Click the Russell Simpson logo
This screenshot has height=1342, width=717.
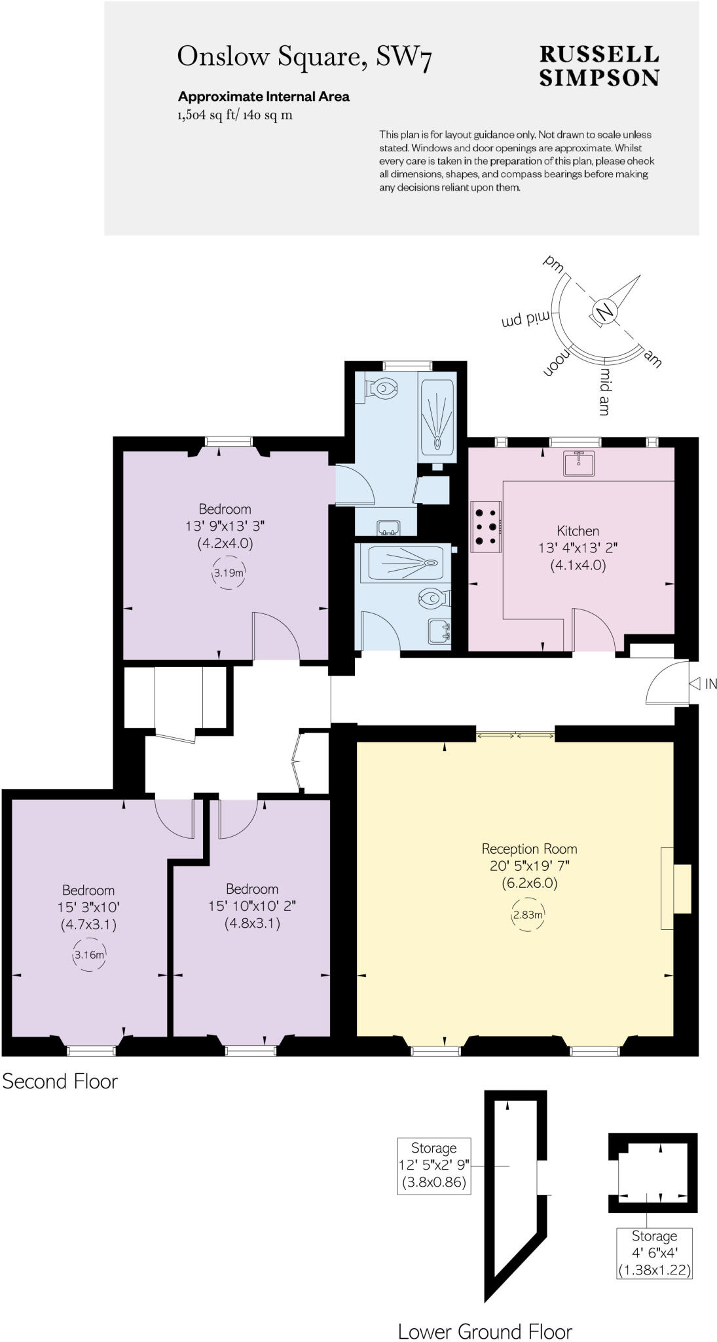coord(598,66)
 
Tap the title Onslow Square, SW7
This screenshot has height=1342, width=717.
coord(304,57)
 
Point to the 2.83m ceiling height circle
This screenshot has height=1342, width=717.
coord(527,915)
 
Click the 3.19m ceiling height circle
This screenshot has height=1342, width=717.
coord(229,573)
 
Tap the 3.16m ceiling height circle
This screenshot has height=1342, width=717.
coord(88,955)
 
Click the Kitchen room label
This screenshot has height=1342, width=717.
coord(578,531)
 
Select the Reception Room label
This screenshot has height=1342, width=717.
coord(529,849)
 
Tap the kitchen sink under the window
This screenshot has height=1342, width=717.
coord(579,463)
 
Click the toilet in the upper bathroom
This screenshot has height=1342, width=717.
coord(384,389)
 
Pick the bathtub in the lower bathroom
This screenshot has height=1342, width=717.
coord(401,562)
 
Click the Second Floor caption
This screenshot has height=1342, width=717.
coord(60,1081)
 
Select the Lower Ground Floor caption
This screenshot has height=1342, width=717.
coord(485,1332)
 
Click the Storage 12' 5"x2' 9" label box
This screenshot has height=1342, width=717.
coord(433,1166)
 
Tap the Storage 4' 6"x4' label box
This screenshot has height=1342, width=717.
coord(654,1253)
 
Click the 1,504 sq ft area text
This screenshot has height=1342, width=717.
coord(234,116)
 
